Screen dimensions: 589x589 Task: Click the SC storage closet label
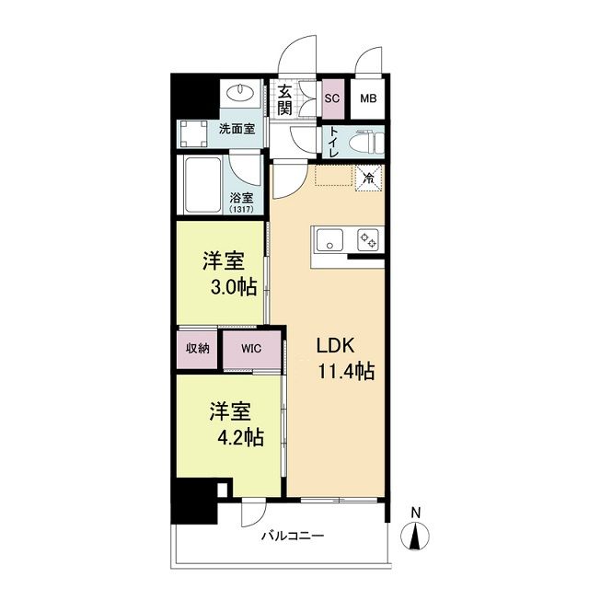tap(332, 98)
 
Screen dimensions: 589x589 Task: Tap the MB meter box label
tap(368, 98)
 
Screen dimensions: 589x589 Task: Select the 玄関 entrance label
tap(284, 100)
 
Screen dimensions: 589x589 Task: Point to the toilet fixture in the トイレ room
tap(366, 143)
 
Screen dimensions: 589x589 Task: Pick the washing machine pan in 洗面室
tap(192, 133)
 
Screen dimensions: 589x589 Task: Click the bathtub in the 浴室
tap(202, 185)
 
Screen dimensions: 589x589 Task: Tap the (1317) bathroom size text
tap(241, 209)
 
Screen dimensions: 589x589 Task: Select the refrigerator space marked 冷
tap(369, 178)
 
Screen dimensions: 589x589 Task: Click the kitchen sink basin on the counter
tap(329, 239)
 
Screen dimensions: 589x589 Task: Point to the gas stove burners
tap(368, 239)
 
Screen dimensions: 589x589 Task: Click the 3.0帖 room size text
tap(234, 288)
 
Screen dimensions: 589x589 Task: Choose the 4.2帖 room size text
tap(241, 437)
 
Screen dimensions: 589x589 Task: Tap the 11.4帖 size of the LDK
tap(346, 371)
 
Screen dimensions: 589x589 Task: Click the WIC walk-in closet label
tap(251, 349)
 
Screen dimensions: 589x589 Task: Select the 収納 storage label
tap(197, 349)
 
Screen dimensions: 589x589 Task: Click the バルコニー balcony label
tap(293, 536)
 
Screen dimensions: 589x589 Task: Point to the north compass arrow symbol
tap(415, 537)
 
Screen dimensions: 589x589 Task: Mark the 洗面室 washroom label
tap(237, 129)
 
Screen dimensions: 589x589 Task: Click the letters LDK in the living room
tap(335, 345)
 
